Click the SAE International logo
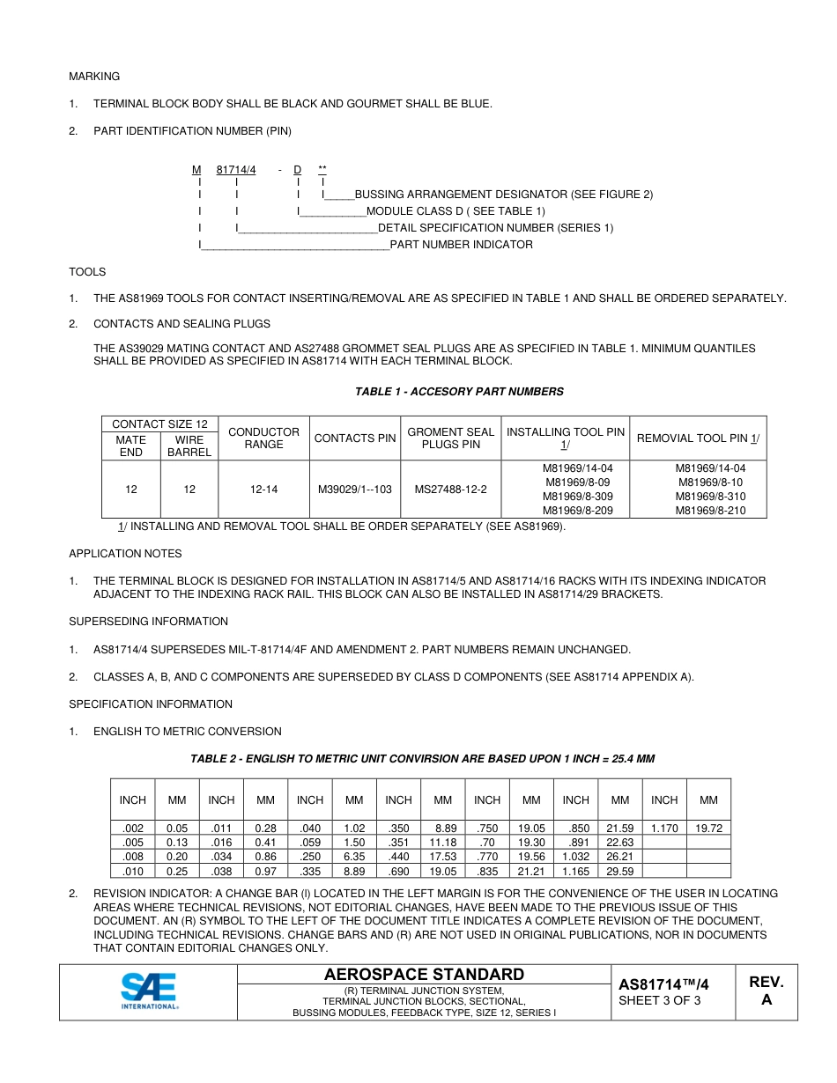pos(149,991)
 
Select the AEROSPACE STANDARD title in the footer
pos(424,974)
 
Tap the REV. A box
pos(766,991)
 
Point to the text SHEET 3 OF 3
pos(660,1000)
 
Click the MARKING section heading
pos(94,77)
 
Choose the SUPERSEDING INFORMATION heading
pos(148,622)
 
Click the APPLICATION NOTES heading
pos(125,554)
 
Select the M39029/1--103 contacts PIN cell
pos(355,489)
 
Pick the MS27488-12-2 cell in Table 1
pos(451,489)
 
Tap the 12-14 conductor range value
pos(263,489)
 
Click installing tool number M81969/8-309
pos(578,497)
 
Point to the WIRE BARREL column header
pos(189,446)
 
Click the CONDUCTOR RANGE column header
pos(263,438)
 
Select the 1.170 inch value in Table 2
pos(664,828)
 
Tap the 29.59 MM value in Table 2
pos(620,871)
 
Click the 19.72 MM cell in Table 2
pos(708,828)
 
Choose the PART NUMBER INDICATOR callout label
pos(461,245)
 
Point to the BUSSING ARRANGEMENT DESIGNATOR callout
pos(503,194)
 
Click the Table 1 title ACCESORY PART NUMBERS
pos(459,391)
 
